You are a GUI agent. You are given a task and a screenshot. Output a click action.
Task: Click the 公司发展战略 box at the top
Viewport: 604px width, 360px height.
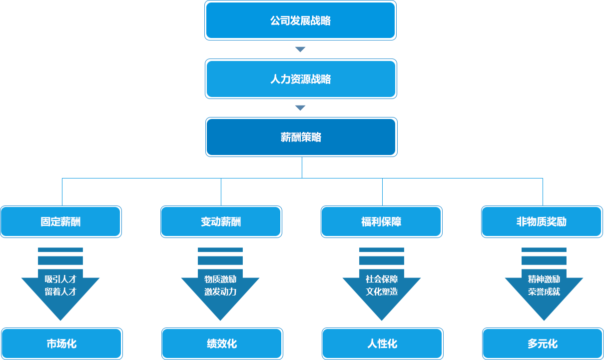[300, 21]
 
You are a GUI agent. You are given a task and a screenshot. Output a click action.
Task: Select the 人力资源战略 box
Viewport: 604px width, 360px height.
[300, 79]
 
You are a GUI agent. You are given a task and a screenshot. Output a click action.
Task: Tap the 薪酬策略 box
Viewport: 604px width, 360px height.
[301, 137]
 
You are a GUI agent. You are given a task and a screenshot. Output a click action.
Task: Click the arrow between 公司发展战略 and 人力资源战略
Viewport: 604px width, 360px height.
[300, 49]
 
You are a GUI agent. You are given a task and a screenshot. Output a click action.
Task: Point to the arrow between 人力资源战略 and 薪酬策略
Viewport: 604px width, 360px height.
[300, 107]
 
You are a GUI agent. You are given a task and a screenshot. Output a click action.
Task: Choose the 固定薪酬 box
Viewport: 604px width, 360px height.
[60, 221]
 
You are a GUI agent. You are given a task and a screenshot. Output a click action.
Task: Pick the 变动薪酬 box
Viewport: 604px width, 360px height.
[221, 221]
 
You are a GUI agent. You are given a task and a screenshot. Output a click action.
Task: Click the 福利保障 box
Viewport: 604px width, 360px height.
[381, 221]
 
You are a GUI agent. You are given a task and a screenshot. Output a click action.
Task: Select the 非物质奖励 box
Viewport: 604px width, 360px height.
[542, 221]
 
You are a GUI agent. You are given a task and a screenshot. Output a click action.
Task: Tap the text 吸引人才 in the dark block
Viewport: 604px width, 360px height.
[60, 279]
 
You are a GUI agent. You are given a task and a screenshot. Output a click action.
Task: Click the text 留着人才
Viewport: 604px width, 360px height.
[60, 291]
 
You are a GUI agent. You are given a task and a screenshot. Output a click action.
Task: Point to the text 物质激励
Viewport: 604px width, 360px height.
[220, 279]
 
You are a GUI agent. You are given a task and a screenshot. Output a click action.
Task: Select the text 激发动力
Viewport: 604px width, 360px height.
[220, 291]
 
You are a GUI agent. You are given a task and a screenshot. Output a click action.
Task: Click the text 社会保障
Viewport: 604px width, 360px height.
[382, 279]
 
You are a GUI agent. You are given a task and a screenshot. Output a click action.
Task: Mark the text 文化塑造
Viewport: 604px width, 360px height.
[382, 291]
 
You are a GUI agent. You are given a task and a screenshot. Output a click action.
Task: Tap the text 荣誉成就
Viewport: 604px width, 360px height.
[544, 291]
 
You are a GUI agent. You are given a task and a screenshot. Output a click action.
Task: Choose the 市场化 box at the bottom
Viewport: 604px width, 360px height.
[61, 343]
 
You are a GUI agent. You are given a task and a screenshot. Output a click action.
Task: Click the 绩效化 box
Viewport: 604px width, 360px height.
[222, 343]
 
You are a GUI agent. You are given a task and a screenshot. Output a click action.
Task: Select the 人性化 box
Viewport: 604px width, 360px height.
[382, 343]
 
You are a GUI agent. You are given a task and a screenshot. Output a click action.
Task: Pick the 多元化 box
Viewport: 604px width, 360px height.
[543, 343]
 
